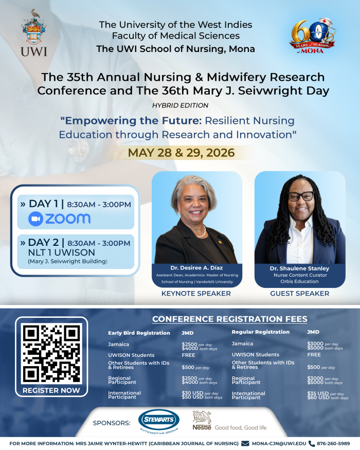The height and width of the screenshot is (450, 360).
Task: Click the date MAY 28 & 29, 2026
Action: pyautogui.click(x=181, y=153)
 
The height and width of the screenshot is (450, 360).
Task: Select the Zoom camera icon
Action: pyautogui.click(x=35, y=219)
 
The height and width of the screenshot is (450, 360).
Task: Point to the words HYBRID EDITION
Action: pyautogui.click(x=180, y=105)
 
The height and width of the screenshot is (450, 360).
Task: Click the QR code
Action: pyautogui.click(x=52, y=352)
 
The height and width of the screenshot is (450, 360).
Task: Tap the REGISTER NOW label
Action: pyautogui.click(x=51, y=390)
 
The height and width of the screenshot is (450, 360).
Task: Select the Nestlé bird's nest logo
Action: pyautogui.click(x=201, y=417)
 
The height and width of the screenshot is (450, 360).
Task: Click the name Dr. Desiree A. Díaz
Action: pyautogui.click(x=196, y=268)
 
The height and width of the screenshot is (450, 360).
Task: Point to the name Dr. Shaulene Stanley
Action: pyautogui.click(x=299, y=268)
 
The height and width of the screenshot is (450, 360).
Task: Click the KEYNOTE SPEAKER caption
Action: pyautogui.click(x=196, y=294)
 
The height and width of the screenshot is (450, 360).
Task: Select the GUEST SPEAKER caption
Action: pyautogui.click(x=299, y=294)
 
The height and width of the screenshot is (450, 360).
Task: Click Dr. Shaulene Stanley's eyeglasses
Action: pyautogui.click(x=300, y=196)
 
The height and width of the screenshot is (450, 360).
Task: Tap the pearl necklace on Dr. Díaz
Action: pyautogui.click(x=200, y=232)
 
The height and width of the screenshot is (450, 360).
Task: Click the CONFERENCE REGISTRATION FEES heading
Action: pyautogui.click(x=229, y=319)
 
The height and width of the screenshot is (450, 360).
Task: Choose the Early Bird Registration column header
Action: pyautogui.click(x=139, y=333)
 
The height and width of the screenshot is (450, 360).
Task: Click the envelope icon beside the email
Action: pyautogui.click(x=245, y=443)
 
